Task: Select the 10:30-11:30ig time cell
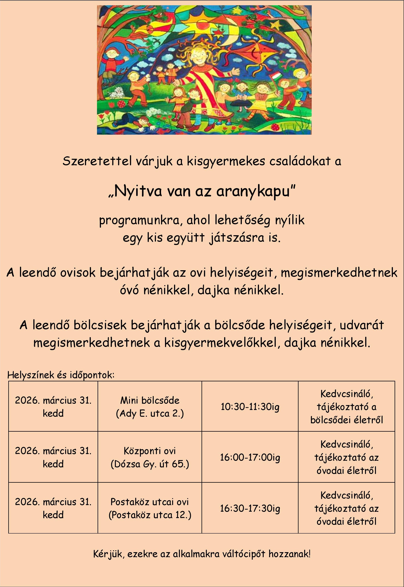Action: click(250, 407)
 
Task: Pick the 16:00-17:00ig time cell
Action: click(250, 457)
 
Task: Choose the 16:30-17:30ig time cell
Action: click(250, 508)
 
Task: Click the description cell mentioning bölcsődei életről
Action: click(346, 407)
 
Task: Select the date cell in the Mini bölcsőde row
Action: click(53, 407)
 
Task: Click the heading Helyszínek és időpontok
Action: click(61, 375)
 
